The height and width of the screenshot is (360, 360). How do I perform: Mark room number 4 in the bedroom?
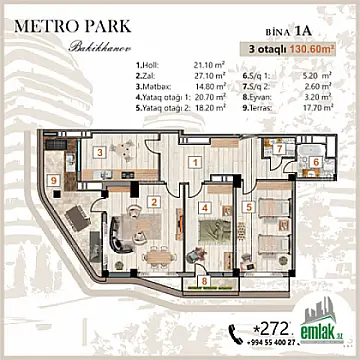(204, 209)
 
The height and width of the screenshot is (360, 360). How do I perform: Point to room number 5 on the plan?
(248, 209)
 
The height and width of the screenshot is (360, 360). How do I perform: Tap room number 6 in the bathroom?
(313, 162)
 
